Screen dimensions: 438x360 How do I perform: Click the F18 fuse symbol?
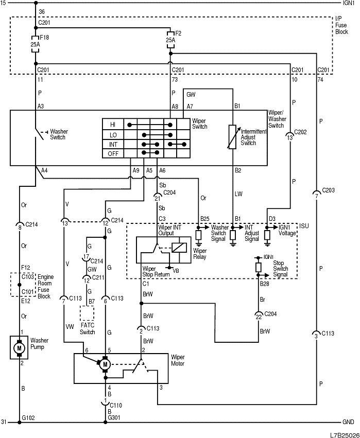coord(35,38)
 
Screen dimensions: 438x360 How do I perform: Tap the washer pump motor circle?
coord(20,349)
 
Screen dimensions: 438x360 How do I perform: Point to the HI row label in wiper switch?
coord(113,125)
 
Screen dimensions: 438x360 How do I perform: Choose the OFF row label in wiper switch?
coord(113,154)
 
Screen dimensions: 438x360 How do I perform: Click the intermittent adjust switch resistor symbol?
coord(233,137)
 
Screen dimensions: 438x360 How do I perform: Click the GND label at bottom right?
coord(349,422)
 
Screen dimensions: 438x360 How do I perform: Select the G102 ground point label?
coord(28,417)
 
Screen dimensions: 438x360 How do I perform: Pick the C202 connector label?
coord(300,132)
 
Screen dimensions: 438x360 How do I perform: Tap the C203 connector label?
coord(328,190)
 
